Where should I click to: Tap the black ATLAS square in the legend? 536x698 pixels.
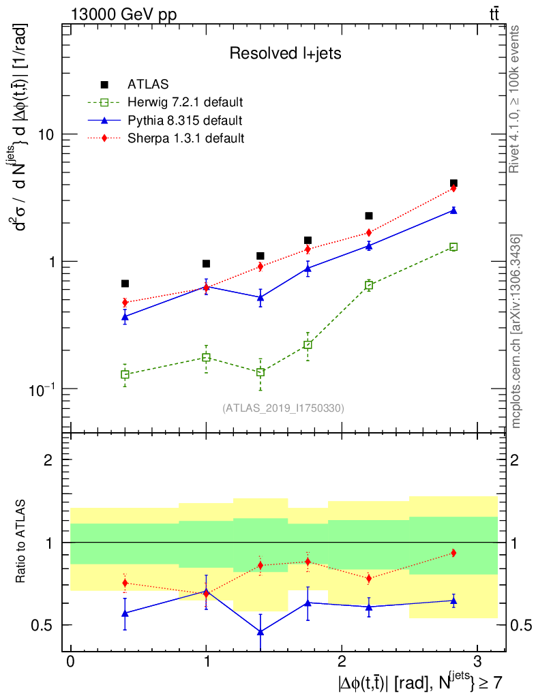105,85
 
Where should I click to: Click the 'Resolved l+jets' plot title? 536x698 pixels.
285,53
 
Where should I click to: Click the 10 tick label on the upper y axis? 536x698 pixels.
46,134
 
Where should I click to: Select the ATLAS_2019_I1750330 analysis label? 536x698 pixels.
283,408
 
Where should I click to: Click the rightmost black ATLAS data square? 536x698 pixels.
453,183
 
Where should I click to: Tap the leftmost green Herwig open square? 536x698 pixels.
125,374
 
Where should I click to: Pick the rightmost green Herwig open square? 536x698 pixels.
453,247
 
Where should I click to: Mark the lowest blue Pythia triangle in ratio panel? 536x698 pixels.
260,632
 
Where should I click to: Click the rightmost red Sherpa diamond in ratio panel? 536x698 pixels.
453,553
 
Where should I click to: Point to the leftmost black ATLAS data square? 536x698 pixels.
125,284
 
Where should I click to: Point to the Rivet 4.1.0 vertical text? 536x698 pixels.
516,99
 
